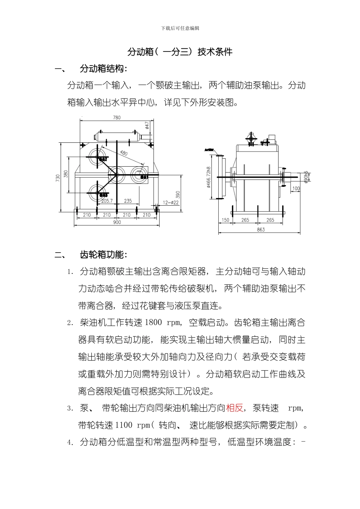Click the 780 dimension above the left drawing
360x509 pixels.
117,117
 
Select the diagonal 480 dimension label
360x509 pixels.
124,153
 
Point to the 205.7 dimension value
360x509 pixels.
107,201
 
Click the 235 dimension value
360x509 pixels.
128,201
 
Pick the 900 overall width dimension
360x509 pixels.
117,222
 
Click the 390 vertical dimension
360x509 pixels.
178,195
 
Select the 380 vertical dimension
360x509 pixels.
66,174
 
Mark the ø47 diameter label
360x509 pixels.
147,125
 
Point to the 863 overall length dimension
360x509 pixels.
261,230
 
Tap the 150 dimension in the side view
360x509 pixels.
225,220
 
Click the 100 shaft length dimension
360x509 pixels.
296,189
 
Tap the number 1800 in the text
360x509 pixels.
153,323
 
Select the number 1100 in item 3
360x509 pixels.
123,425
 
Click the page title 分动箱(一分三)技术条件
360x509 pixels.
180,52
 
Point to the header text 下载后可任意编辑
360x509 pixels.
180,28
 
